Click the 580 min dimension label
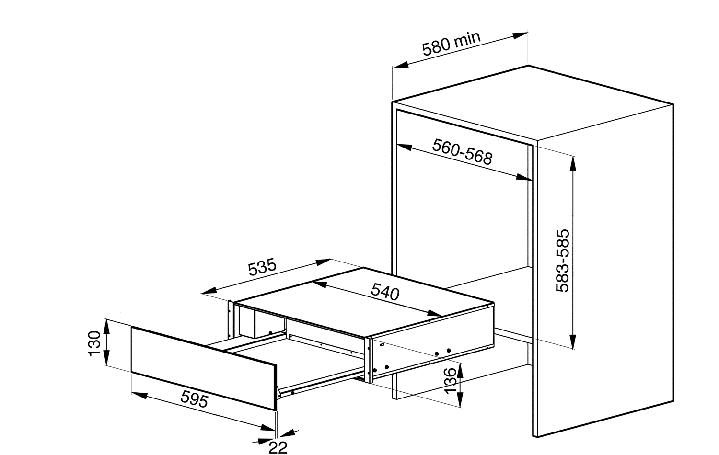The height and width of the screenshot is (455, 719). [x=451, y=44]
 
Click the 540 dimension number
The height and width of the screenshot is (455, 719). [x=385, y=292]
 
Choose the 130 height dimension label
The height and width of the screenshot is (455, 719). [x=94, y=343]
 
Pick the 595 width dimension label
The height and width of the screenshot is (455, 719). [x=195, y=398]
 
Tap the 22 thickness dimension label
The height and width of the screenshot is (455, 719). [x=278, y=447]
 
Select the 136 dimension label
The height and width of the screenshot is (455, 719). [x=450, y=381]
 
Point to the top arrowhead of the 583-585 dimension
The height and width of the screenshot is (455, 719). [x=572, y=161]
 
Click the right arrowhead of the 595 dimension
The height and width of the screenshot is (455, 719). [x=269, y=427]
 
